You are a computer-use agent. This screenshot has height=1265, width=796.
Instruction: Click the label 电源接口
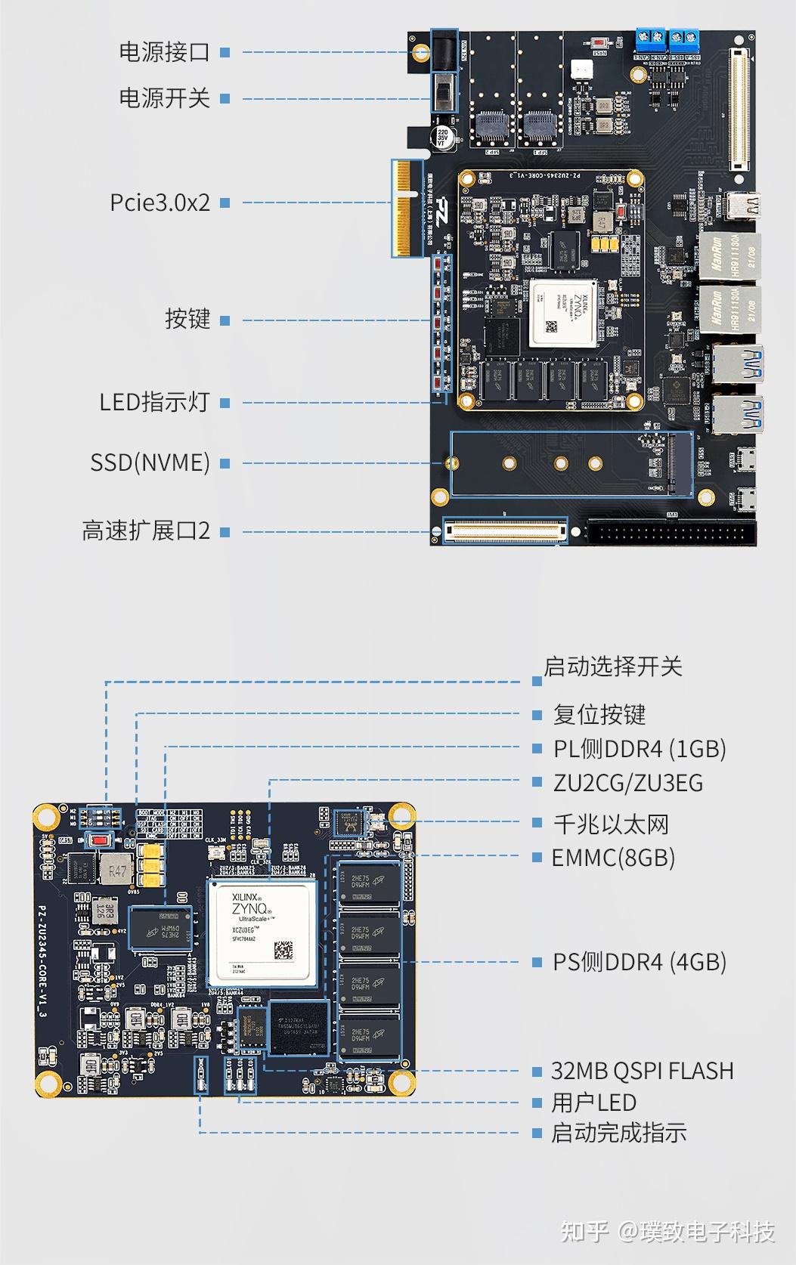(164, 52)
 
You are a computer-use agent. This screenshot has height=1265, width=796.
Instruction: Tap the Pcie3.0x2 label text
(160, 203)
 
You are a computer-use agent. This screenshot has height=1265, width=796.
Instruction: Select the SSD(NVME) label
(150, 462)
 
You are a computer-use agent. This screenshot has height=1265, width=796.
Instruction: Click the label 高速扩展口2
(146, 531)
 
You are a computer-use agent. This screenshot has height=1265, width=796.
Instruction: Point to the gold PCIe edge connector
(407, 207)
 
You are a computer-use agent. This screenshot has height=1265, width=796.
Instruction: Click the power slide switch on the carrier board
(444, 92)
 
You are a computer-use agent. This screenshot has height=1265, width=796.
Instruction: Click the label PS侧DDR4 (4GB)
(639, 962)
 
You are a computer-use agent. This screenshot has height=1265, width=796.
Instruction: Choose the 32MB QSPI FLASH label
(642, 1071)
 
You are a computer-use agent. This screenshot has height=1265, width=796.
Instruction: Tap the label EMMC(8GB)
(612, 858)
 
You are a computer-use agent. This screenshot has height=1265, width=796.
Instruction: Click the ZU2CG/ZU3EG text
(627, 783)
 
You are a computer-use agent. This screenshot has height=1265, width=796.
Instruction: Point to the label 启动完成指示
(618, 1133)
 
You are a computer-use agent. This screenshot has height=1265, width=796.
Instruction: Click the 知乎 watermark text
(584, 1231)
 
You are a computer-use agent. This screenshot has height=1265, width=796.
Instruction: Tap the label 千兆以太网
(611, 824)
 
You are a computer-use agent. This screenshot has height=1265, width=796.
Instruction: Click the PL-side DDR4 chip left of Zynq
(161, 929)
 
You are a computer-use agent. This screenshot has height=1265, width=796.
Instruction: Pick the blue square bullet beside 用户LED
(537, 1103)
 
